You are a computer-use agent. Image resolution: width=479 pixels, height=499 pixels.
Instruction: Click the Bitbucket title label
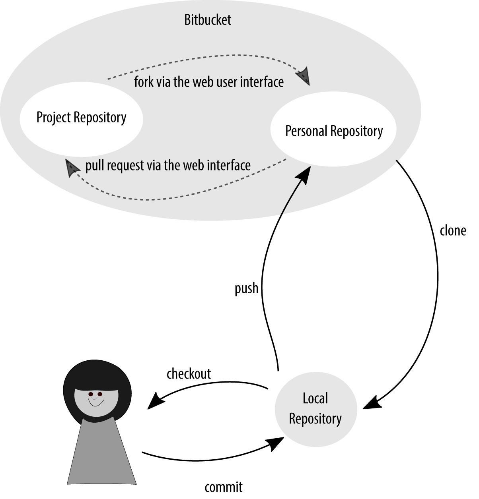207,20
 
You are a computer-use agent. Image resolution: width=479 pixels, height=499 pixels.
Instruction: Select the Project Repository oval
81,118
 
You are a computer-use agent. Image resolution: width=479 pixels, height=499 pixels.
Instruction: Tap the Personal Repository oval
333,131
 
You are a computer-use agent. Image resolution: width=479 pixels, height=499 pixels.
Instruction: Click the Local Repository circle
315,409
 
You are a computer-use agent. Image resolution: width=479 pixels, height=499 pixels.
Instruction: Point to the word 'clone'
452,230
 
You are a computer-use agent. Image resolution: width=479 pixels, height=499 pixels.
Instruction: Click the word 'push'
246,288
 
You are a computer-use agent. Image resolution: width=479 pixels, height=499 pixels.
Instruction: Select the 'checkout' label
189,373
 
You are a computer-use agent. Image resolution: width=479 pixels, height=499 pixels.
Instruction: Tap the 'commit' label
223,487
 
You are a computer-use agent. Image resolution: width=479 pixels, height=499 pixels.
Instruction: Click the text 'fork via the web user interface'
209,82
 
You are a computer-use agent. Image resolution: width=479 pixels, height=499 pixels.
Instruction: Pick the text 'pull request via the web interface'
168,165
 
